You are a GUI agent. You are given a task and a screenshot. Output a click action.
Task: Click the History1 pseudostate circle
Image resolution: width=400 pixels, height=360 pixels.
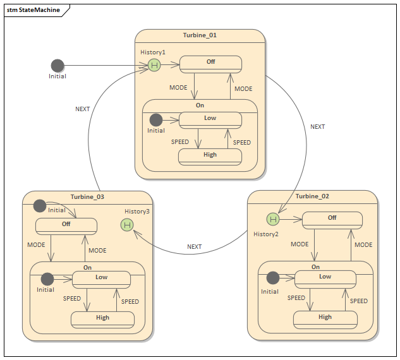154,65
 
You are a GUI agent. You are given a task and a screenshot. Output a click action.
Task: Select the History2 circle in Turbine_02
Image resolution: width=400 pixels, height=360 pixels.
272,219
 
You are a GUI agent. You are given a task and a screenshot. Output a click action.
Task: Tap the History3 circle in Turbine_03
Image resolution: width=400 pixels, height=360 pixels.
127,224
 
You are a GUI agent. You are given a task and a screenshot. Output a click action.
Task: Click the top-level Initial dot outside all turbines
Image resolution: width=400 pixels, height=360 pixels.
58,65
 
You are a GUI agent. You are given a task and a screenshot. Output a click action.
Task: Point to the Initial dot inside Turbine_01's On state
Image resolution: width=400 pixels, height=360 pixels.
155,119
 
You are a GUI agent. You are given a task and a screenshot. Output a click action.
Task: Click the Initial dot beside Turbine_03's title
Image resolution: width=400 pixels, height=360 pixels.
40,205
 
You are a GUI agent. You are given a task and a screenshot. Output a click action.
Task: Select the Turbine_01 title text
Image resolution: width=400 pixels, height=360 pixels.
200,35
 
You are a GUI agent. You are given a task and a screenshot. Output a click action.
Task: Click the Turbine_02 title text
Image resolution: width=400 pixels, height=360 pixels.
312,196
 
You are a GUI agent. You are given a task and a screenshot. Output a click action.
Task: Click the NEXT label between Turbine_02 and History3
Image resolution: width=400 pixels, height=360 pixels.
195,247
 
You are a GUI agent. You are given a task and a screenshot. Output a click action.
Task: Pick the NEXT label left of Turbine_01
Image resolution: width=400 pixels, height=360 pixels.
83,109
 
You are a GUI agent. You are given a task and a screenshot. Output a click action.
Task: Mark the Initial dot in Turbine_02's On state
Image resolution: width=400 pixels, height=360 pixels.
272,278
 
